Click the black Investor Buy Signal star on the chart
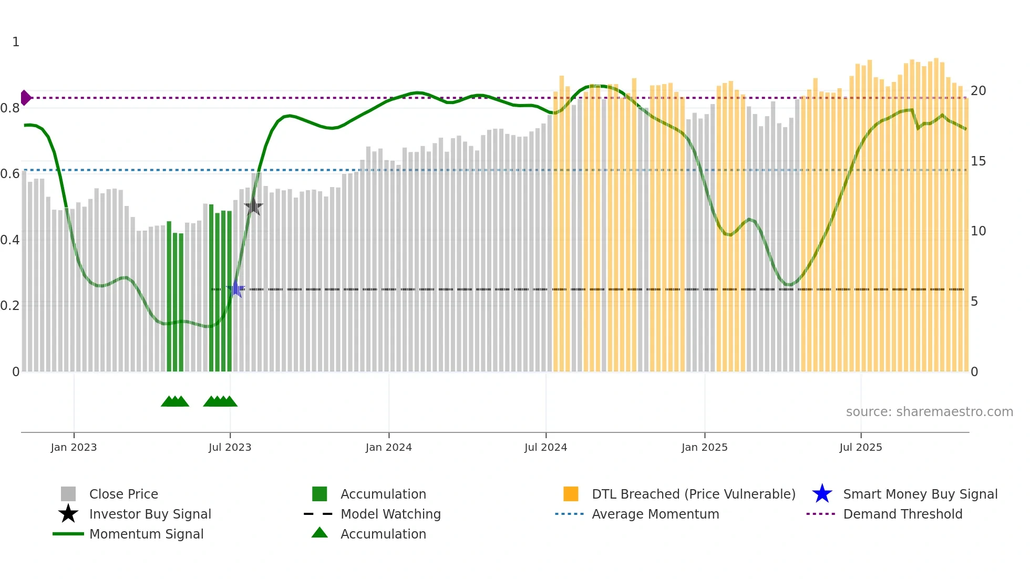253,206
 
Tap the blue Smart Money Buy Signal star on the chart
235,289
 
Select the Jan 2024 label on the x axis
388,448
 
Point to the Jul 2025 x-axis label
860,448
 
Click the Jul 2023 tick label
230,448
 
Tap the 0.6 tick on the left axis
10,174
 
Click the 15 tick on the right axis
978,161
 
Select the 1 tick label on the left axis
16,42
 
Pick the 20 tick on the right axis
978,91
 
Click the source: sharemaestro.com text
929,412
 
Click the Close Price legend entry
123,494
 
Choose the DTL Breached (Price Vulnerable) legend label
693,494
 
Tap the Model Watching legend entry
390,514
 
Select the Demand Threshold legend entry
902,514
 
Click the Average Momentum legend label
655,514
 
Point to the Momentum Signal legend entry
146,534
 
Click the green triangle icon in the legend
320,533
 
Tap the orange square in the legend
571,494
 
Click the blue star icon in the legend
822,494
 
